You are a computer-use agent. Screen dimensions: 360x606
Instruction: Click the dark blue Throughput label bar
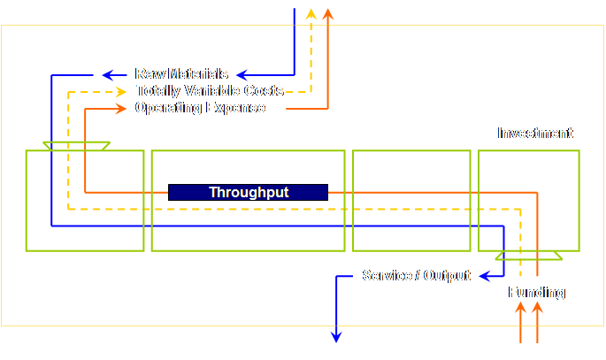248,192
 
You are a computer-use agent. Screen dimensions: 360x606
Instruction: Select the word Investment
535,134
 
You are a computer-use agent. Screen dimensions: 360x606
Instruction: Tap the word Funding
536,293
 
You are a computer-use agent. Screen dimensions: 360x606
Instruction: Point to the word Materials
198,74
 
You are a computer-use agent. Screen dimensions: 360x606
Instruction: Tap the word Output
447,276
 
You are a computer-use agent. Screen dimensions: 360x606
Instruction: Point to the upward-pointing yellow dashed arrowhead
311,13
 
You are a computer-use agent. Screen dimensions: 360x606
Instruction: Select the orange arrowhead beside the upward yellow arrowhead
328,13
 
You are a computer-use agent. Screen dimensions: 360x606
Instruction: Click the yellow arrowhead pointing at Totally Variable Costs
122,91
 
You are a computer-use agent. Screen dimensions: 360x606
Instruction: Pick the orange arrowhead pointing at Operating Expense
122,108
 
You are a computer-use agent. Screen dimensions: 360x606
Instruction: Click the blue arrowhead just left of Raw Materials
108,74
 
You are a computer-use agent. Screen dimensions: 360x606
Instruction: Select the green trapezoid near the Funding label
528,256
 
